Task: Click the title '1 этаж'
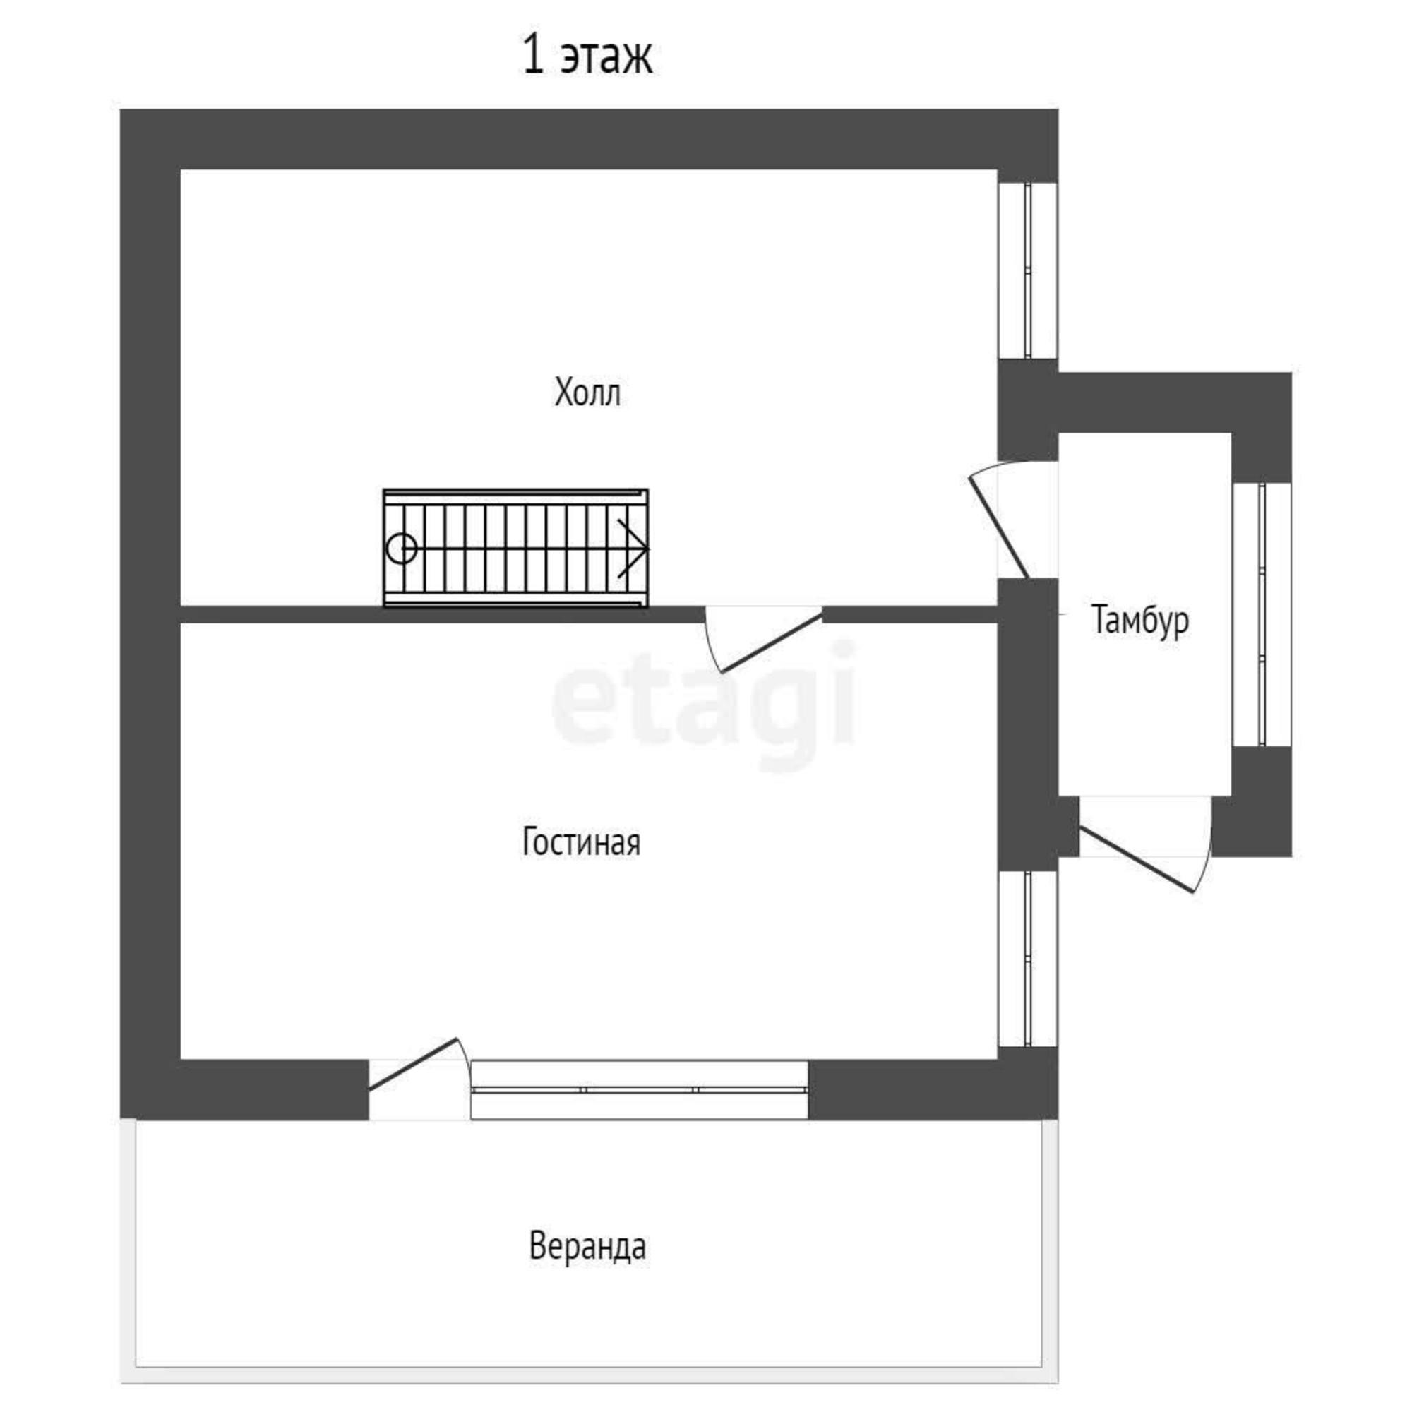587,56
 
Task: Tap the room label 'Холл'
587,393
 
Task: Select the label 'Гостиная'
581,842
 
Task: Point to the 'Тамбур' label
1139,620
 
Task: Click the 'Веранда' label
587,1247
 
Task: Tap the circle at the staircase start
401,547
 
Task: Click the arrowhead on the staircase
635,548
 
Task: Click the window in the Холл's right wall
1027,270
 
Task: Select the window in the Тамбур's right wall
1262,614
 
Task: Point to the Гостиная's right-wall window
1027,958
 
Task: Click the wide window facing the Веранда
639,1089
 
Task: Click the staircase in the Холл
515,548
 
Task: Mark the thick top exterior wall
588,140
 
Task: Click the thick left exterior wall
150,614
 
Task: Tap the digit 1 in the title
534,56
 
